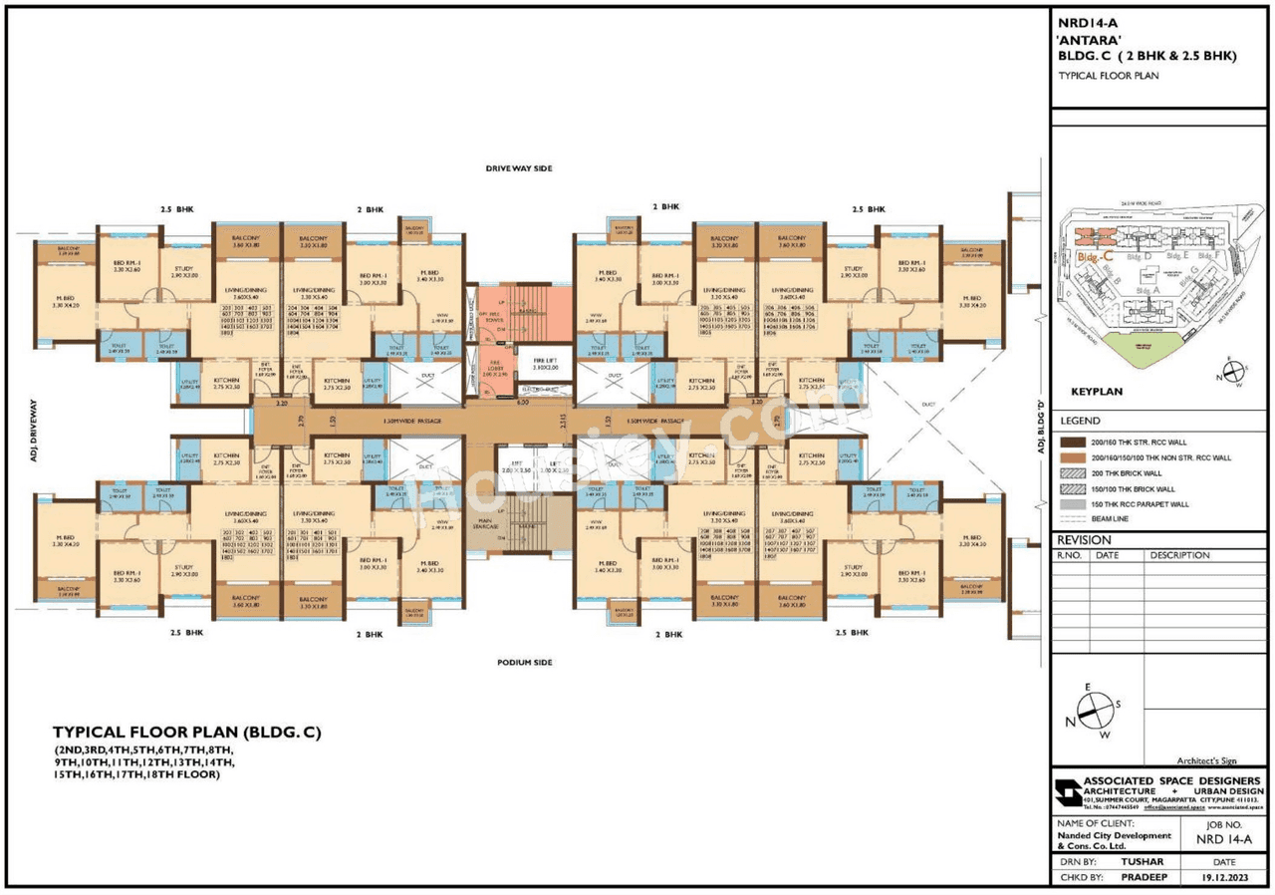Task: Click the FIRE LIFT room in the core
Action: click(544, 365)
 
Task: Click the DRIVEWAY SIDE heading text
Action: click(518, 168)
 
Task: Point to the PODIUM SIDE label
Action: click(525, 662)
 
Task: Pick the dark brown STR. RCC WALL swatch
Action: click(1074, 442)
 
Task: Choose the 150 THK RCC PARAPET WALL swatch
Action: click(1074, 504)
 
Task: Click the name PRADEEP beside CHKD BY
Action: click(1142, 878)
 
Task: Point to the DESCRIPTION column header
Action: click(1179, 555)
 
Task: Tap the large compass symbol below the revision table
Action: click(1094, 710)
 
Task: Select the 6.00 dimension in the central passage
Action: click(522, 403)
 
